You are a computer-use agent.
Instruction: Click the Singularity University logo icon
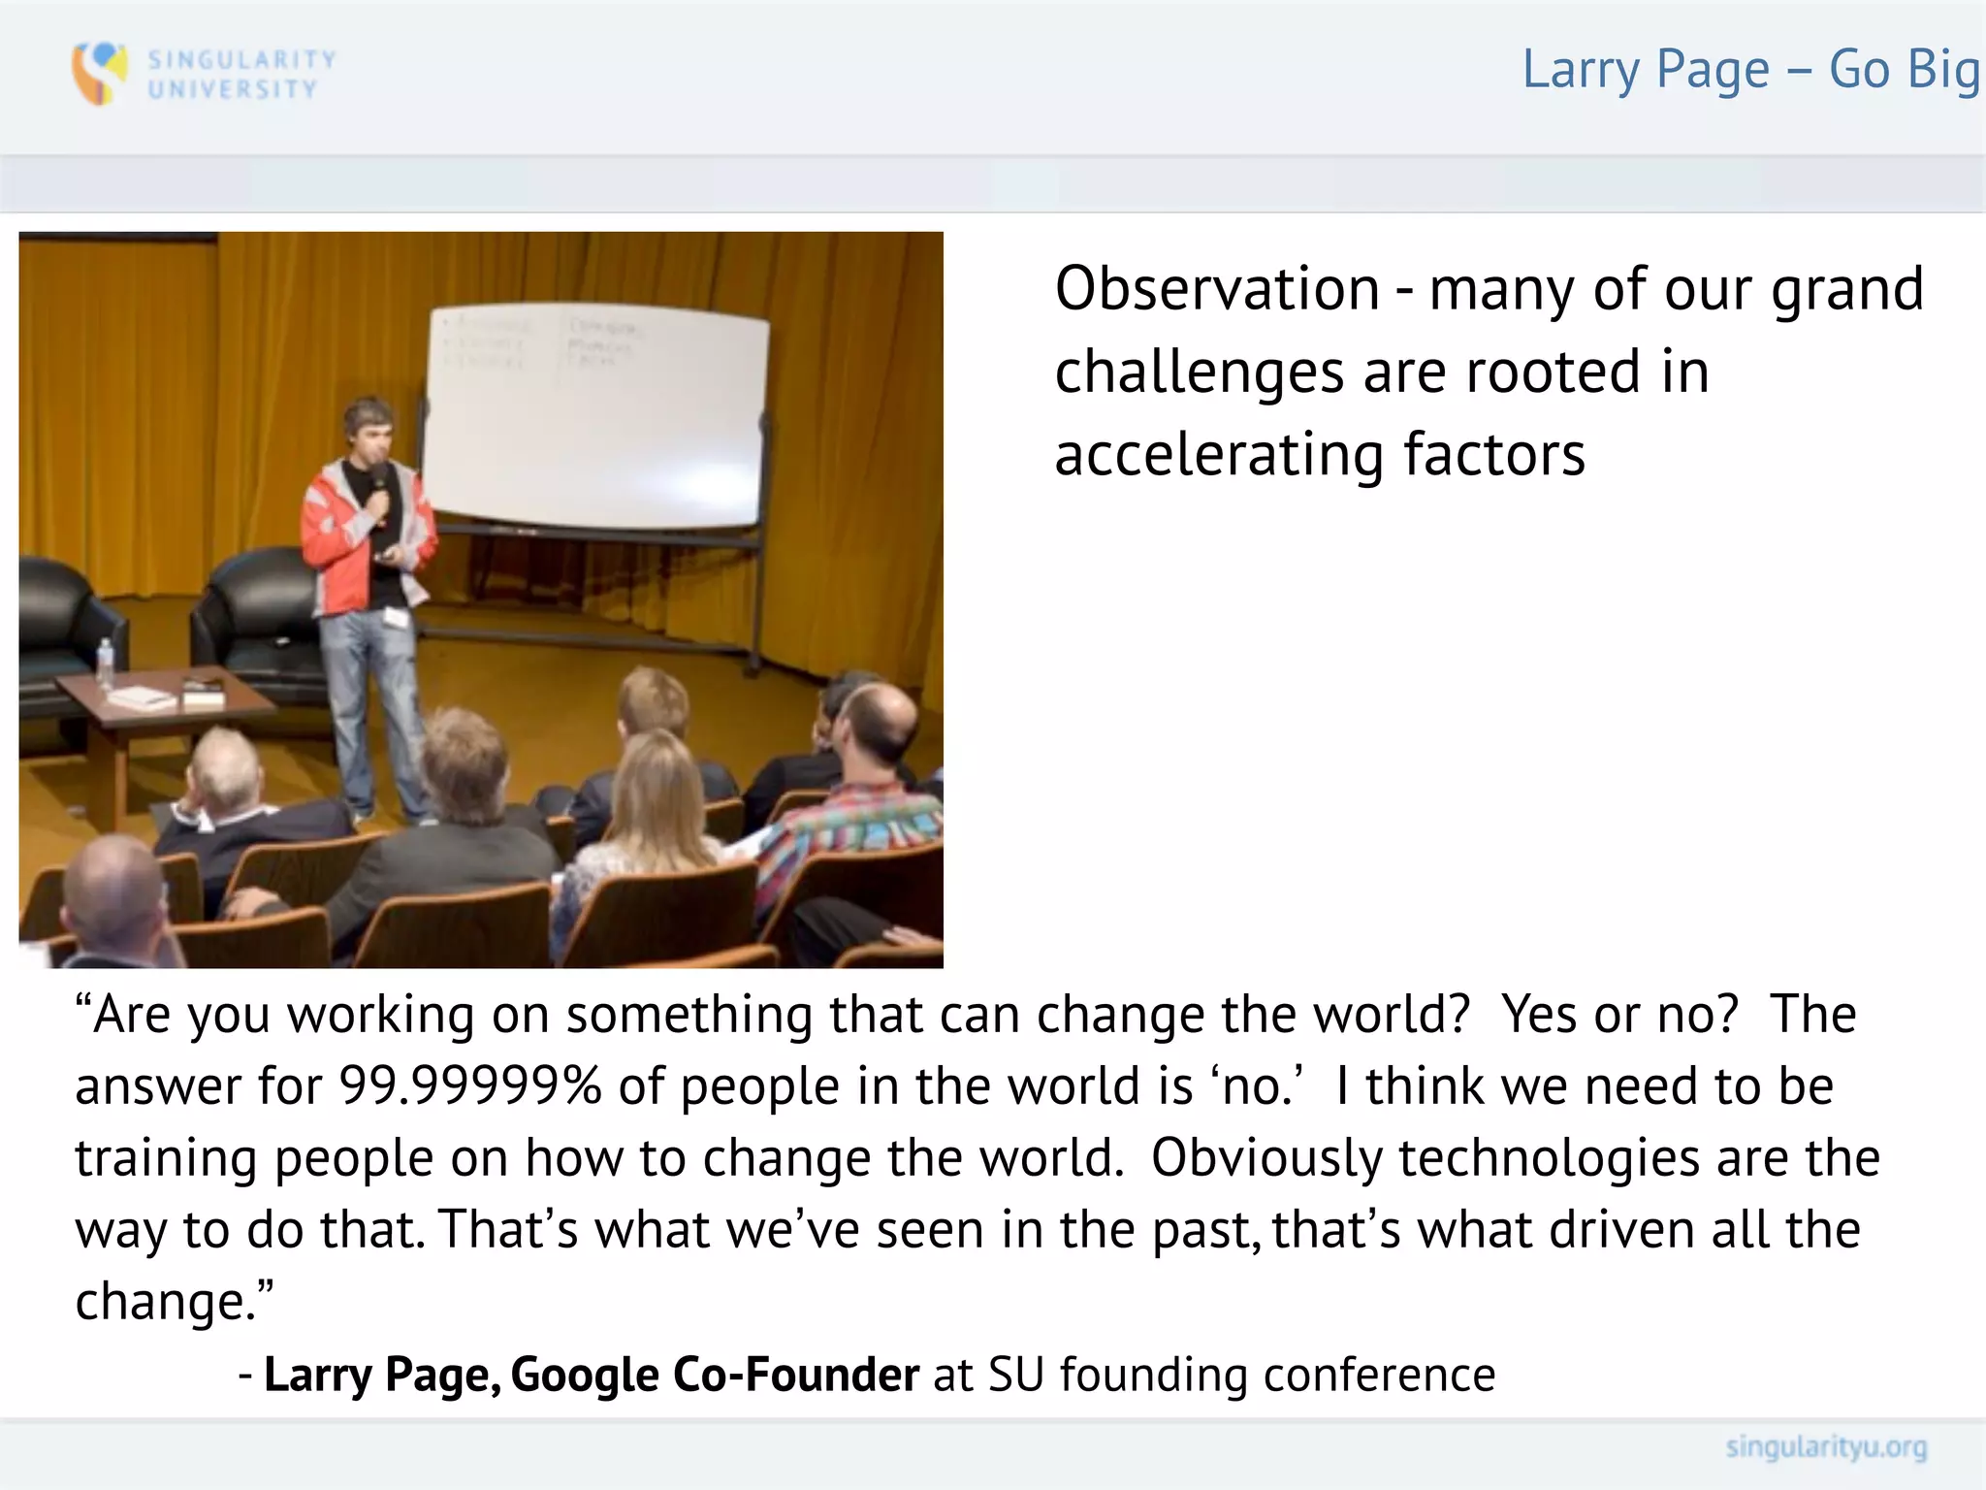click(x=100, y=73)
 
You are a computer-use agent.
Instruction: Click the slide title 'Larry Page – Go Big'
click(x=1749, y=70)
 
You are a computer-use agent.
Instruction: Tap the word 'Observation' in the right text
click(x=1216, y=289)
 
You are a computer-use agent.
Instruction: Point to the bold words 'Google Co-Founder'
click(x=714, y=1375)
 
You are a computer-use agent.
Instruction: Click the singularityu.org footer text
click(x=1825, y=1447)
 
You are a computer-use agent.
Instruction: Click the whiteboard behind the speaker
click(x=596, y=417)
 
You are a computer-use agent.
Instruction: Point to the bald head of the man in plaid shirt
click(x=878, y=718)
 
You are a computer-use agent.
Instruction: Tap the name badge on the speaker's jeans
click(x=396, y=617)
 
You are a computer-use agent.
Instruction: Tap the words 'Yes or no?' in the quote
click(x=1619, y=1015)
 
